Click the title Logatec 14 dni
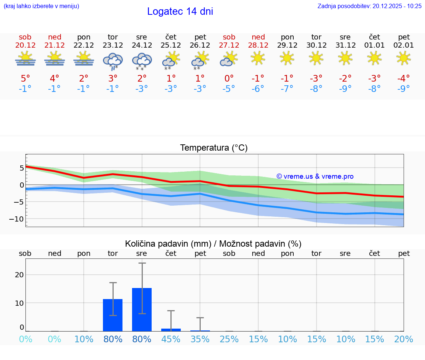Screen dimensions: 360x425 (x=180, y=11)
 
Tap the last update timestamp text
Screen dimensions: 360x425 (x=369, y=6)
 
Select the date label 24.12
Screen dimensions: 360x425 (x=142, y=45)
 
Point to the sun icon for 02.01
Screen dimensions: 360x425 (x=404, y=58)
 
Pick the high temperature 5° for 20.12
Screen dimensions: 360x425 (x=25, y=79)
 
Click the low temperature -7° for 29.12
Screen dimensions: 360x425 (x=287, y=89)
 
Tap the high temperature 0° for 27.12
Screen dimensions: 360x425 (x=229, y=79)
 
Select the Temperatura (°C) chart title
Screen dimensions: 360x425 (x=214, y=148)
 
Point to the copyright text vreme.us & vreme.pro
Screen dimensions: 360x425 (x=315, y=176)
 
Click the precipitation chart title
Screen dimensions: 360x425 (x=213, y=244)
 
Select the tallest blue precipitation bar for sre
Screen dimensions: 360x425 (x=142, y=309)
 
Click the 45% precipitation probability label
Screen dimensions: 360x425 (x=171, y=339)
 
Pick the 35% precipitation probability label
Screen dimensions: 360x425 (x=200, y=339)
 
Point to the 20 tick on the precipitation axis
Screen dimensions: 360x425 (x=19, y=275)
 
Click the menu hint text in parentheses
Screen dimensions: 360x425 (x=41, y=6)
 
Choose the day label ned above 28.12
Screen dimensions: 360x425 (x=258, y=37)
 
